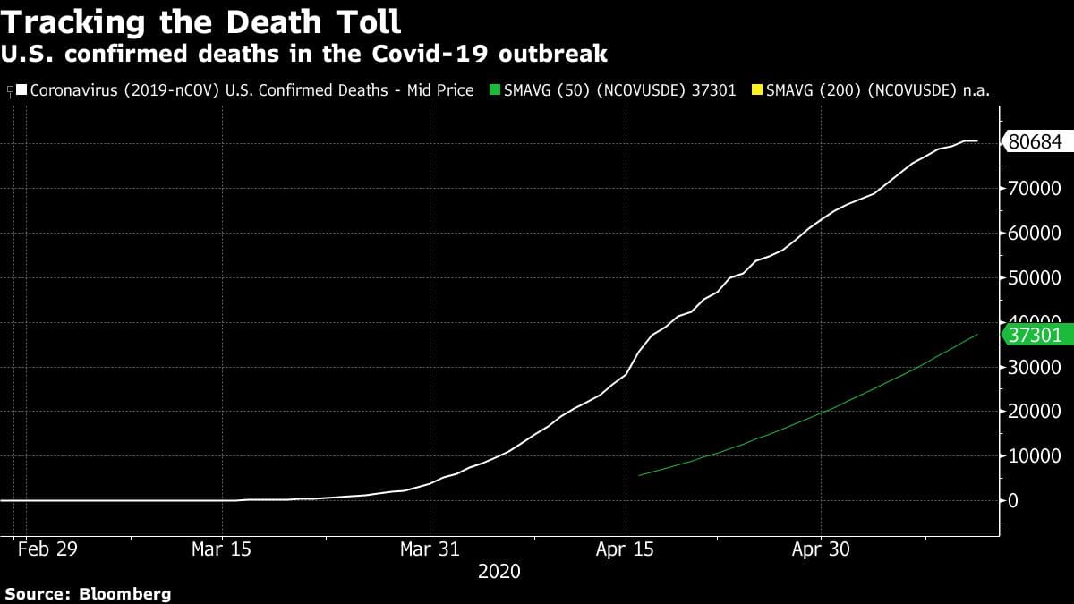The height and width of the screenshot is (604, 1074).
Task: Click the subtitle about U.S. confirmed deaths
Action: point(304,54)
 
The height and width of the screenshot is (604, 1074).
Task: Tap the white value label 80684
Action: point(1035,141)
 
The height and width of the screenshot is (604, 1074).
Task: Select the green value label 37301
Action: point(1035,336)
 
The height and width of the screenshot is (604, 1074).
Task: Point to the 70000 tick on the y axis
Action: point(1035,189)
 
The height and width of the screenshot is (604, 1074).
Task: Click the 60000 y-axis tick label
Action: point(1035,234)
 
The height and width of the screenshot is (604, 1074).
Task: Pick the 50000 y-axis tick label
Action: point(1035,278)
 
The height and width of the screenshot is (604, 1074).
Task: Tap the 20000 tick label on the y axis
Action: point(1035,412)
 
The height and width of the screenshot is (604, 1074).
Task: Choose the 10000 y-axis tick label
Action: point(1035,456)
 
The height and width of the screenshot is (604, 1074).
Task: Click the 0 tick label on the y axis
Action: point(1013,501)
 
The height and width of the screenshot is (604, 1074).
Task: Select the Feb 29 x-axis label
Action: point(47,549)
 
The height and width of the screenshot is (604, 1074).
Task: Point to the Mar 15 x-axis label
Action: point(220,549)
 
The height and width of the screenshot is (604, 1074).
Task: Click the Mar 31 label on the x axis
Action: point(430,549)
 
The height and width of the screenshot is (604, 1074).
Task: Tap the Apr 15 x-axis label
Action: point(625,549)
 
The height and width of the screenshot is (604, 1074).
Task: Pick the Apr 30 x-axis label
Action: point(820,549)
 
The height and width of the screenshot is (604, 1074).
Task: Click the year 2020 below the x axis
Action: point(499,571)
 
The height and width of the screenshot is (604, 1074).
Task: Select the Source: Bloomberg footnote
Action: point(88,593)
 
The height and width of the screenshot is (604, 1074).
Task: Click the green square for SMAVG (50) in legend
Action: point(494,90)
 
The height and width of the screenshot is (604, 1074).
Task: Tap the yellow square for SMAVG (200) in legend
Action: point(757,90)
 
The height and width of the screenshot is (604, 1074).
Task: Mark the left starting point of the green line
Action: point(638,475)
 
